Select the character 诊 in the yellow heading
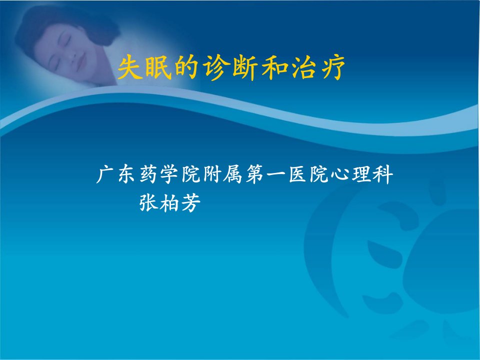(x=215, y=67)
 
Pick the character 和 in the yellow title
(x=273, y=67)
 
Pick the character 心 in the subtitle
(x=340, y=175)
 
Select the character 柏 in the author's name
(x=169, y=202)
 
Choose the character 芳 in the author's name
(x=191, y=202)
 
